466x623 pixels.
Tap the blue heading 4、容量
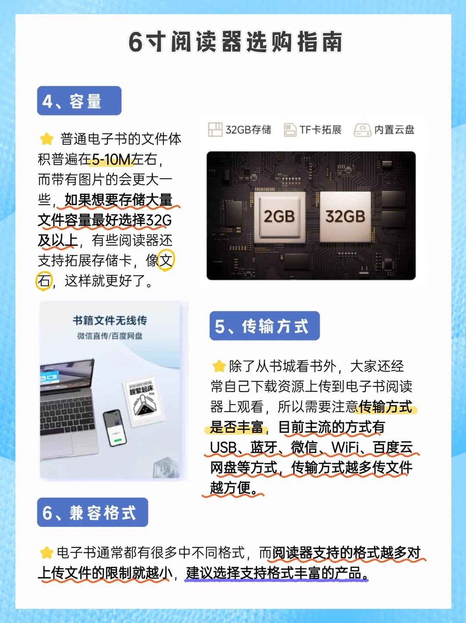[79, 101]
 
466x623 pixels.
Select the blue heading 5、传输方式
[264, 326]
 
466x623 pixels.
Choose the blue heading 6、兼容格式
[92, 512]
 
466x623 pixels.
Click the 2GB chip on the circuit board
[279, 217]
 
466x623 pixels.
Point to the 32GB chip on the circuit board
[345, 217]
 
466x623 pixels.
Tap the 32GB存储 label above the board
[239, 130]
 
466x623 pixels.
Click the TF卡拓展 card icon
[290, 130]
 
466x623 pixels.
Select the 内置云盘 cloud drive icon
[362, 130]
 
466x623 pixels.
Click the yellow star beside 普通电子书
[47, 139]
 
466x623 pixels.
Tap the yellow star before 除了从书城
[219, 366]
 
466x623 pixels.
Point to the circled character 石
[44, 281]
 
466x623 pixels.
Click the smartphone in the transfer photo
[115, 428]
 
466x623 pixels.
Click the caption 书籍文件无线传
[110, 320]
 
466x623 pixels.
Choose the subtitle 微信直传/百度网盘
[110, 336]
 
